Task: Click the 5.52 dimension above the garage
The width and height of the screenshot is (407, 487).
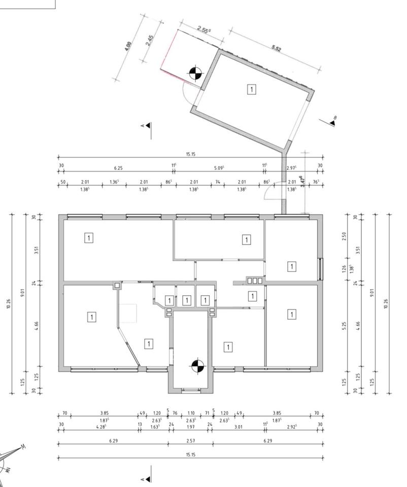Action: click(x=276, y=48)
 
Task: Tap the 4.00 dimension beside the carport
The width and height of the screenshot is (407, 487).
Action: click(x=128, y=47)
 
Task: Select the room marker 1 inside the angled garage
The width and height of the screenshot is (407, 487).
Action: click(x=252, y=89)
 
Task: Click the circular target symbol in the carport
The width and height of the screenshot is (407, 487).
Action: click(x=194, y=74)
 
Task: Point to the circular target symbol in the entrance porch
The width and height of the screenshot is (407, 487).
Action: click(x=197, y=365)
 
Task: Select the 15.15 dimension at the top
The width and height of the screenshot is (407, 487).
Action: click(x=190, y=155)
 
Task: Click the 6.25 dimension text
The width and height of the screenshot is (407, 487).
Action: click(x=118, y=167)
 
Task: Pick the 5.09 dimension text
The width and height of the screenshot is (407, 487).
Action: click(x=220, y=167)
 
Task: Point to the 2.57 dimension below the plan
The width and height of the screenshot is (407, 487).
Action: click(x=190, y=441)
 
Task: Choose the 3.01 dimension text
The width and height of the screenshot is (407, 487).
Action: click(x=238, y=427)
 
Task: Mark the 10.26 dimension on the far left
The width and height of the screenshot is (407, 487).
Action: click(x=9, y=303)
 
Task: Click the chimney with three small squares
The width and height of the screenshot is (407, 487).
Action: click(x=254, y=280)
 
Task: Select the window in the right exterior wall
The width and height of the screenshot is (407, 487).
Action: click(x=320, y=269)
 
